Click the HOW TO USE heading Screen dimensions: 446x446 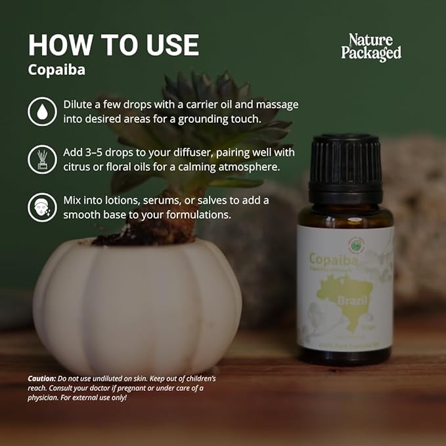[113, 45]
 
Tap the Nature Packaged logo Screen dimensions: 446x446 [371, 47]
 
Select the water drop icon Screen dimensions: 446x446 [42, 112]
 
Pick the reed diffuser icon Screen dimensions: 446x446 [42, 160]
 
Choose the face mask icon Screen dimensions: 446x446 [42, 207]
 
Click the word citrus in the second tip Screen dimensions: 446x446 [79, 167]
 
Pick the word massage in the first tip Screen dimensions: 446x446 [276, 105]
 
